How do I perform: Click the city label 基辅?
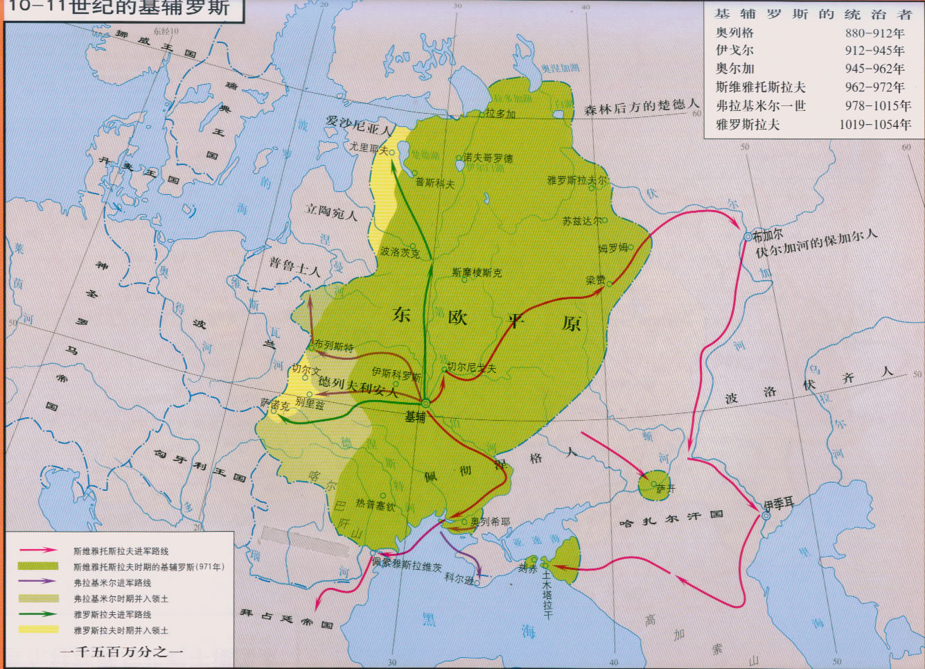pos(415,417)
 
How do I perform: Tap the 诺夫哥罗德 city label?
pos(488,158)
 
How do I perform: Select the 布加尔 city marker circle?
pos(748,237)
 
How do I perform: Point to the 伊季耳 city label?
pos(779,504)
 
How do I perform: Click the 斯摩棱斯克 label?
pos(477,272)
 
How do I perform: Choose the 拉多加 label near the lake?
pos(500,114)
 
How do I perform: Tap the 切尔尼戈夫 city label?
pos(472,368)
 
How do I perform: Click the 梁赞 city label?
pos(595,280)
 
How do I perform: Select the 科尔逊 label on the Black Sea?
pos(459,577)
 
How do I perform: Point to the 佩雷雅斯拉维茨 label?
pos(407,565)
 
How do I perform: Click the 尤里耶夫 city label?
pos(369,148)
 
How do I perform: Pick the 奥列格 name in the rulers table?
pos(734,33)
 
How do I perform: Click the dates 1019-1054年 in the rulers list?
pos(875,125)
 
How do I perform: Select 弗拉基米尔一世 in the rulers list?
pos(760,106)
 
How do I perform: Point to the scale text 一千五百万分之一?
pos(121,652)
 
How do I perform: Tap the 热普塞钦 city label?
pos(376,505)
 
